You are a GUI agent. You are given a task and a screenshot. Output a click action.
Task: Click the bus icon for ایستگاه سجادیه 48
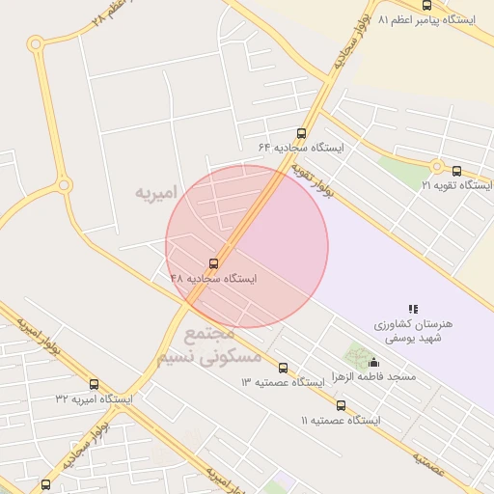point(213,262)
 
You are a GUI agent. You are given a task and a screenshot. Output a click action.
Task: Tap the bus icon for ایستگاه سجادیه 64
point(301,133)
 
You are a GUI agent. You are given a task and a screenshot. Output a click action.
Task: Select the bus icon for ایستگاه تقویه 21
point(456,171)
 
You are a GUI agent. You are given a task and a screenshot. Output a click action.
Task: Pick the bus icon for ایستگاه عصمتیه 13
point(283,368)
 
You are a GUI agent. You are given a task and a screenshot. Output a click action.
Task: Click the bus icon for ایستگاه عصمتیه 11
point(341,405)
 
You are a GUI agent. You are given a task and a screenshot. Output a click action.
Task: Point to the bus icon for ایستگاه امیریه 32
point(94,383)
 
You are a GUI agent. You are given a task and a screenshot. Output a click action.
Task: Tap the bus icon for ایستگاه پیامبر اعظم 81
point(426,6)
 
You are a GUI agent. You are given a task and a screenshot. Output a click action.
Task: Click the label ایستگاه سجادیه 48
point(214,278)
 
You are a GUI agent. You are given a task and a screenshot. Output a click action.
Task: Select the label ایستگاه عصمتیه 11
point(341,421)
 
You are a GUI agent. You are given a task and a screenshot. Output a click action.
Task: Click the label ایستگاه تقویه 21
point(456,185)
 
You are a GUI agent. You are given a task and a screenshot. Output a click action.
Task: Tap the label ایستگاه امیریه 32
point(94,398)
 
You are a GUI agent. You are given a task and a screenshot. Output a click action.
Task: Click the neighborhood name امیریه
point(157,193)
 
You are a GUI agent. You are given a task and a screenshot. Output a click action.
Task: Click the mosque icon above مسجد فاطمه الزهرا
point(373,362)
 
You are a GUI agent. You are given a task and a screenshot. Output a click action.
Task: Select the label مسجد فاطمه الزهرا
point(373,376)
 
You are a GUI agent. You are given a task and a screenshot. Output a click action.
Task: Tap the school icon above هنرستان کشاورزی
point(413,309)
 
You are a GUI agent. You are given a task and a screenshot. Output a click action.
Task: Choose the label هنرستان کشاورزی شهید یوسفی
point(413,332)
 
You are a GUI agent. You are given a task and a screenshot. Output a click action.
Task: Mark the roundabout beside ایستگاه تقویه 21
point(436,166)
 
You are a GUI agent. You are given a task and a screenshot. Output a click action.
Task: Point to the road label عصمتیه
point(425,463)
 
